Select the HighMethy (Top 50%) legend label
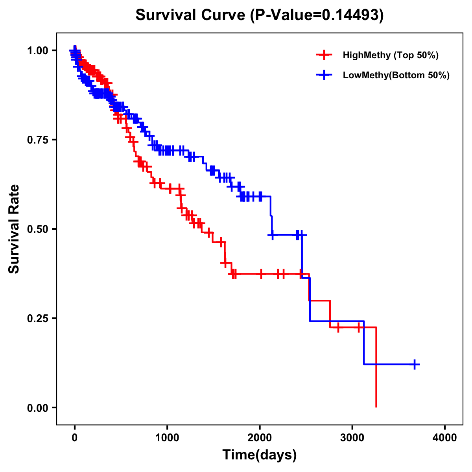coord(391,55)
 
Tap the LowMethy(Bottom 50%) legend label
coord(396,76)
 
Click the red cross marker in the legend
coord(324,55)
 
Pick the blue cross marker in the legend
coord(324,75)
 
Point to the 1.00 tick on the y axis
coord(38,50)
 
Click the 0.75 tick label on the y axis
coord(38,140)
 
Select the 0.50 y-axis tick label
coord(38,229)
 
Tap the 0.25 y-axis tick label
coord(38,318)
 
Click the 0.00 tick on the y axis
coord(38,407)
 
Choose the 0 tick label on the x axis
coord(75,438)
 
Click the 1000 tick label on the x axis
coord(167,438)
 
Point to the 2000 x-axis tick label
coord(260,438)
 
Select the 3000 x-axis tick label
coord(352,438)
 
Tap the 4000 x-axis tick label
coord(445,438)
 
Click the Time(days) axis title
coord(260,455)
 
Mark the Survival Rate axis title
coord(15,229)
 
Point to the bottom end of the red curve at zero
coord(376,406)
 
